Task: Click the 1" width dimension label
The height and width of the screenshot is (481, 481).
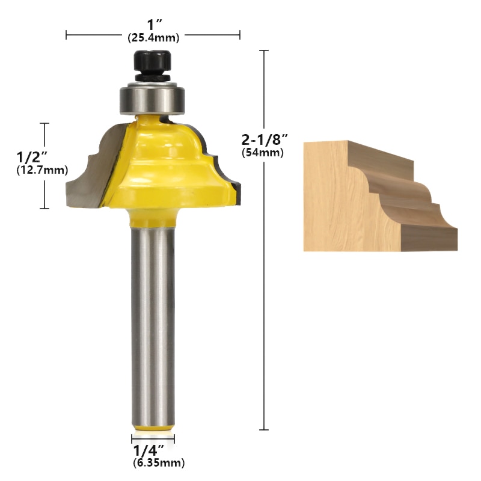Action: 153,26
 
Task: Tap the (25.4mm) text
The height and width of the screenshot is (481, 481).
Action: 153,38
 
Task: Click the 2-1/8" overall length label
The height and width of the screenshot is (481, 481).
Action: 265,140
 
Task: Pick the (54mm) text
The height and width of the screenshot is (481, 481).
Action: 263,153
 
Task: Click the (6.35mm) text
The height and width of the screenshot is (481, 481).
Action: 158,463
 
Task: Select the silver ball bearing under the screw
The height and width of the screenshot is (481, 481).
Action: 153,97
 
